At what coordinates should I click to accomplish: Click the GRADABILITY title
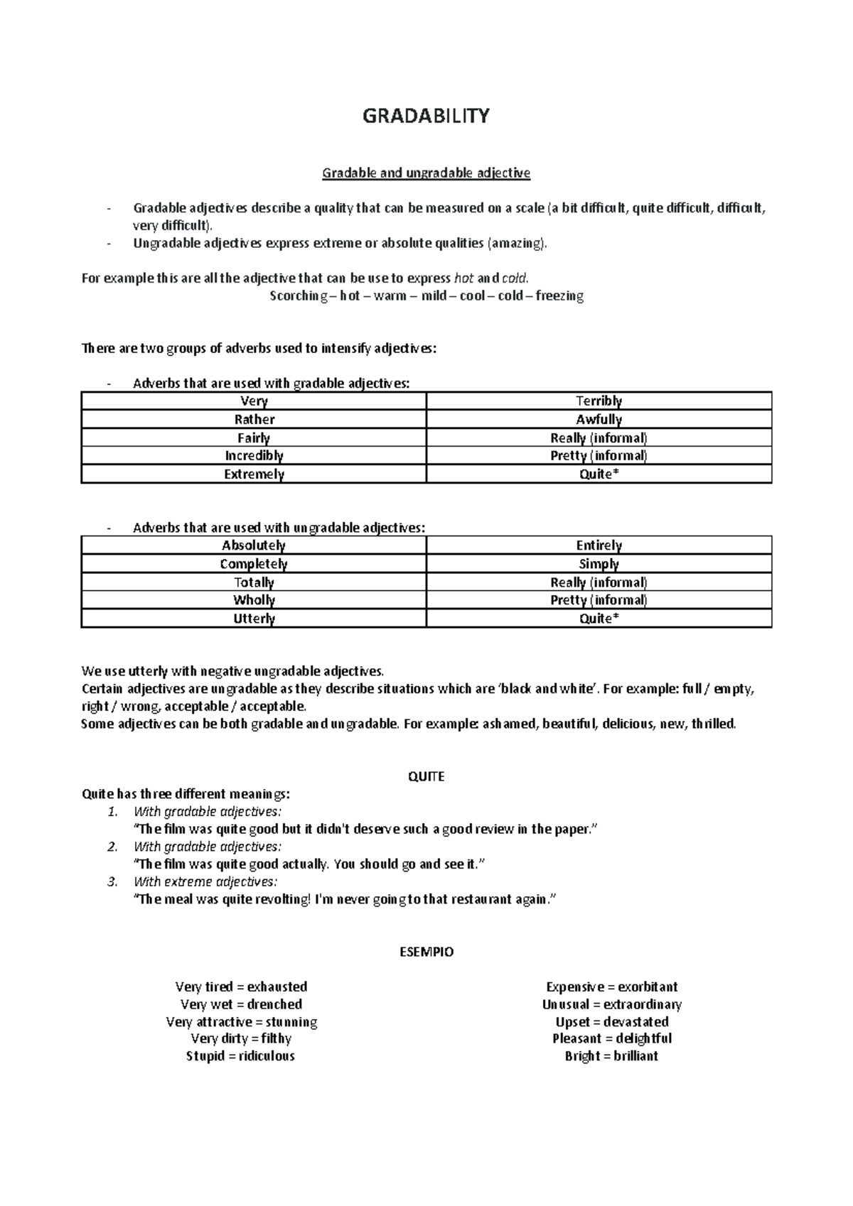(426, 116)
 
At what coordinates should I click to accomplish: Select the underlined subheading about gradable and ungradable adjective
(426, 173)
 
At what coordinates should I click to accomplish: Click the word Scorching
(294, 295)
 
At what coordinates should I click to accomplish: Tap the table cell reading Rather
(254, 420)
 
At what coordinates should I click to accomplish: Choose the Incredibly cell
(254, 456)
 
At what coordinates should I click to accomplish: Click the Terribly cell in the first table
(599, 401)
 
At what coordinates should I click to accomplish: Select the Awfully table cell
(599, 420)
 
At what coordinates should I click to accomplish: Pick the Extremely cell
(254, 474)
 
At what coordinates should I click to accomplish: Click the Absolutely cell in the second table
(254, 545)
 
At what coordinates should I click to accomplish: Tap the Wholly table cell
(254, 600)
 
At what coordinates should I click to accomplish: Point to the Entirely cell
(599, 545)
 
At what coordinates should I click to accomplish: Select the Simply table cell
(599, 564)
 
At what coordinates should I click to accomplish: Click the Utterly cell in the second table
(254, 619)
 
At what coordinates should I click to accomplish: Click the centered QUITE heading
(426, 776)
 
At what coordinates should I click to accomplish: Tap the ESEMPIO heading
(426, 952)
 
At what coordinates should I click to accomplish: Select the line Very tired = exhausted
(241, 987)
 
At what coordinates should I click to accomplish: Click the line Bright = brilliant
(611, 1056)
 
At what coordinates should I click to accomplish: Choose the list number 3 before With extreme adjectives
(112, 882)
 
